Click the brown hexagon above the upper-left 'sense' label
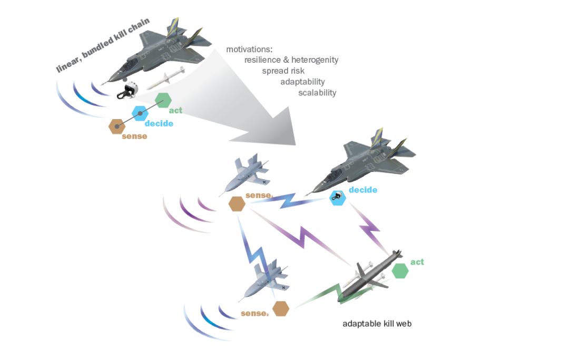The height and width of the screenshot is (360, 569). pos(116,127)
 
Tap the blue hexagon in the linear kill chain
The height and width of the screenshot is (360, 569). pos(140,113)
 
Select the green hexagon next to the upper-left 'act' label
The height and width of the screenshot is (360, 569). pos(163,99)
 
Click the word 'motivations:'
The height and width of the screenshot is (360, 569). pos(249,50)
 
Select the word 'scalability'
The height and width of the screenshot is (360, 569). pos(317,93)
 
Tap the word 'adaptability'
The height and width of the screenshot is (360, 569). pos(302,82)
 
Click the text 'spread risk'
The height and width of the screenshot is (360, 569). pos(283,71)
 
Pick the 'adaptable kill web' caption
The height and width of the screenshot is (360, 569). pos(377,324)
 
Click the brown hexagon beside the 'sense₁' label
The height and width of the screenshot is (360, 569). pos(237,204)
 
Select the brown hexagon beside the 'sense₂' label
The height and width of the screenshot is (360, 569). pos(281,308)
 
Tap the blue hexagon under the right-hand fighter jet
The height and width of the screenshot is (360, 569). pos(337,198)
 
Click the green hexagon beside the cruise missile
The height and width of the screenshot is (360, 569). pos(400,270)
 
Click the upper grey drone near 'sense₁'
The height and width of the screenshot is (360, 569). pos(248,173)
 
